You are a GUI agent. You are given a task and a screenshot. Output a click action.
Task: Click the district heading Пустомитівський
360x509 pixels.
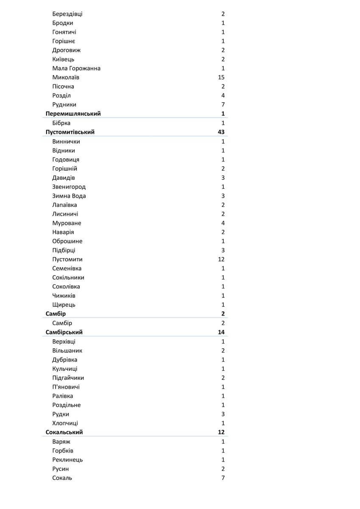pos(70,132)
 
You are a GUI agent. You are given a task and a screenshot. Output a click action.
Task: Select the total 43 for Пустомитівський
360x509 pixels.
pos(221,132)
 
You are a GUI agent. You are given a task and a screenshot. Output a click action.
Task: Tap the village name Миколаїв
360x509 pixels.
pos(66,77)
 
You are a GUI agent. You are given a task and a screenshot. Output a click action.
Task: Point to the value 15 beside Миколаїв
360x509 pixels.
pos(221,77)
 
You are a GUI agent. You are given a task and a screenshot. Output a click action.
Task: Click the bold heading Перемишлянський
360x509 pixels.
pos(73,114)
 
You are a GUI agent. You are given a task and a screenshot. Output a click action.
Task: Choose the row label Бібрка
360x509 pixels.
pos(61,123)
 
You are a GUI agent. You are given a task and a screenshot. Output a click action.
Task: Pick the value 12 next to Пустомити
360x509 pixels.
pos(221,259)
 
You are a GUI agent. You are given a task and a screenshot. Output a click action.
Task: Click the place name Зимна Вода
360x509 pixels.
pos(69,196)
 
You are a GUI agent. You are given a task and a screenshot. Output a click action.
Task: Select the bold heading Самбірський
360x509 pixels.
pos(64,332)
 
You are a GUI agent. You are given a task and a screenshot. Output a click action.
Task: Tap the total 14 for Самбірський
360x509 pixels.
pos(221,332)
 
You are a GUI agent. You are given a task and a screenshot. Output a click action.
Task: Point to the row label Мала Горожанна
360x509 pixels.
pos(76,68)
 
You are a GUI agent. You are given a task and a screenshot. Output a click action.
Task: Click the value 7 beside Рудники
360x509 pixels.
pos(223,105)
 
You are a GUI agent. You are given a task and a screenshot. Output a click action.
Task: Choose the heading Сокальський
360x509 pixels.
pos(64,432)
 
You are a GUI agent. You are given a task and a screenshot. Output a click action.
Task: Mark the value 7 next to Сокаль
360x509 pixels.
pos(223,478)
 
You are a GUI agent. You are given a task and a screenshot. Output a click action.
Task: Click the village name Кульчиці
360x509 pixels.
pos(65,369)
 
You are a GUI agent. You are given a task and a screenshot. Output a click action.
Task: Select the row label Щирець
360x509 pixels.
pos(64,305)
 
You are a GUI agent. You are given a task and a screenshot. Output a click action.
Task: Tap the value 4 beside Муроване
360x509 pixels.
pos(223,223)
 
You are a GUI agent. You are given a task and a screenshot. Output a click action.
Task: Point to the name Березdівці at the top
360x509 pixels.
pos(67,14)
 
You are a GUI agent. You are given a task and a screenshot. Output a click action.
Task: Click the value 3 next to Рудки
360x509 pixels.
pos(223,414)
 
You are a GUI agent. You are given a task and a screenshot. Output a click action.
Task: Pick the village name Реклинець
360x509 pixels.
pos(67,460)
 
